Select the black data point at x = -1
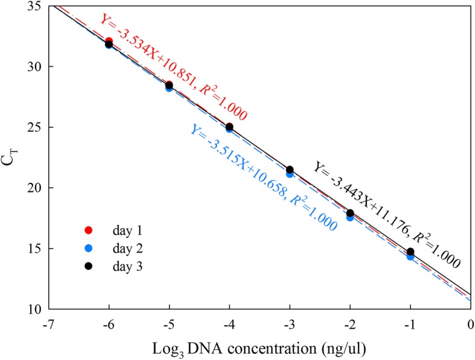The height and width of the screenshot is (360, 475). point(410,251)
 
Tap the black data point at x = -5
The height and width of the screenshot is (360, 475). point(169,85)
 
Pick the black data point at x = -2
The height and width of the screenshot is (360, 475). point(350,213)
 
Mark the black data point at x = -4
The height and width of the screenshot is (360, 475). point(229,127)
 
